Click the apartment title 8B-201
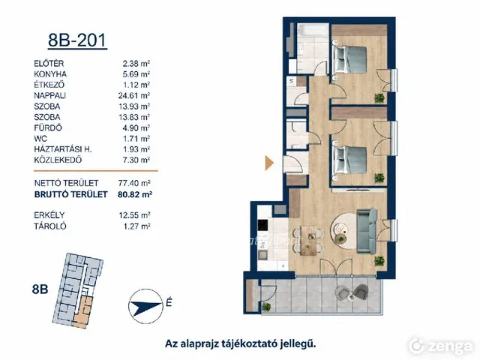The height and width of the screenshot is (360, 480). tap(77, 40)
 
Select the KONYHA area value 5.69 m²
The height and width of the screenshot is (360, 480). tap(136, 74)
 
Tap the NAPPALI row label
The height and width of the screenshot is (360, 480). tap(50, 95)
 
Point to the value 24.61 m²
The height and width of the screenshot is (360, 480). tap(134, 95)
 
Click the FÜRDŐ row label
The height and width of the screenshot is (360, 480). tap(48, 127)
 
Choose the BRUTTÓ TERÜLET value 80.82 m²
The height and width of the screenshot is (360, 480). tap(135, 194)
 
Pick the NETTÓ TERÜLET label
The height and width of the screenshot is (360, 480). tap(67, 183)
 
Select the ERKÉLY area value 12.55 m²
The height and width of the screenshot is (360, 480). tap(134, 215)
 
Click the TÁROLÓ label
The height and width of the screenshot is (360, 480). tap(50, 226)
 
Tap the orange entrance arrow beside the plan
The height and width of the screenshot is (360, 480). tap(268, 163)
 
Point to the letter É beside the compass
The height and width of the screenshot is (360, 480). tap(169, 302)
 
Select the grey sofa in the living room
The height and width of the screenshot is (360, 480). tap(367, 231)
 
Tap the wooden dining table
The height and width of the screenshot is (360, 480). tap(308, 240)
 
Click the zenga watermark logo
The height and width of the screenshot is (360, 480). tap(442, 346)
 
